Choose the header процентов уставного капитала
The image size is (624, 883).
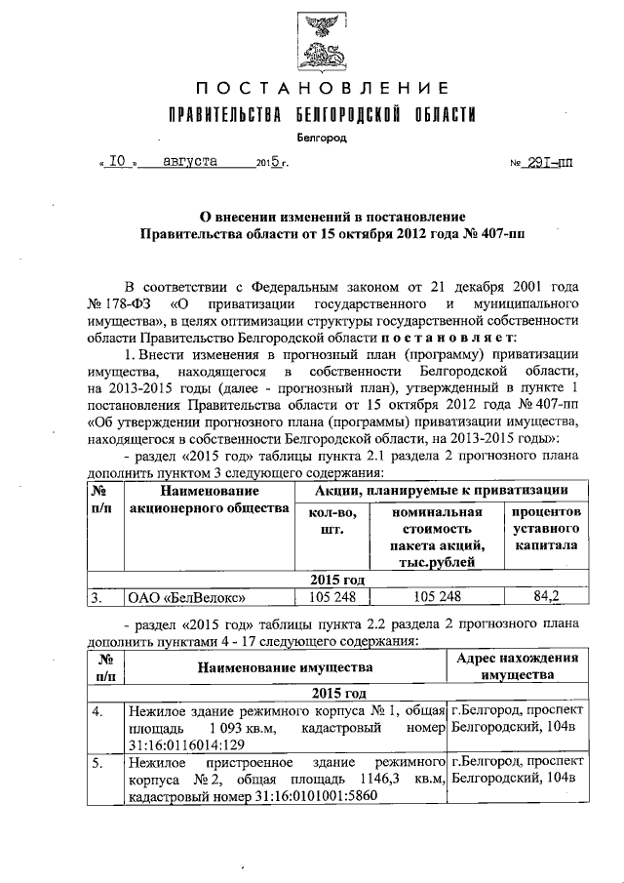tap(545, 529)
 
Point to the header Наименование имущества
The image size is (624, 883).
tap(285, 667)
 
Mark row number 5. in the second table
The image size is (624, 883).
tap(98, 764)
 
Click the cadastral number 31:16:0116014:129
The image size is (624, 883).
tap(184, 744)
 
